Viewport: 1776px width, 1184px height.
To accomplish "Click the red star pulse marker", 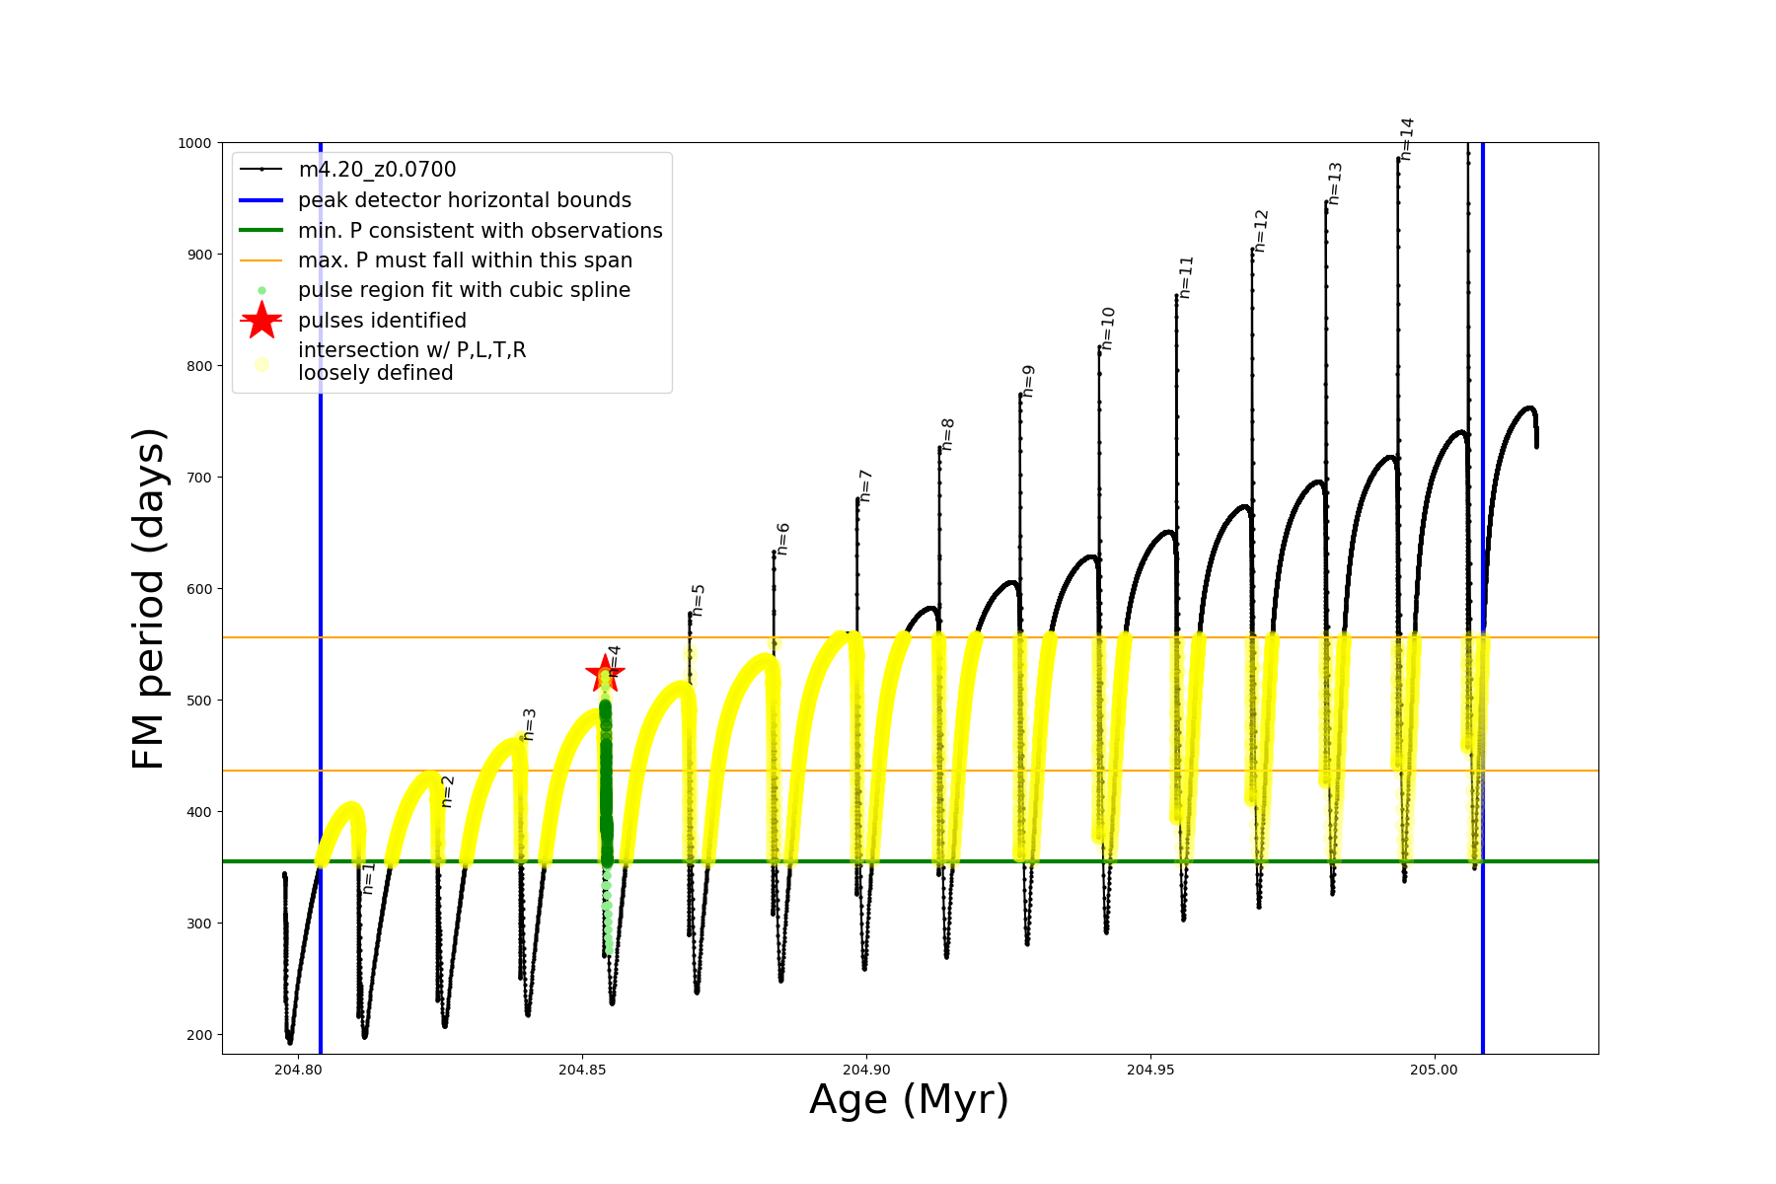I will (x=604, y=675).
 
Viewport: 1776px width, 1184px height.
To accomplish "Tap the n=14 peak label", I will (x=1407, y=139).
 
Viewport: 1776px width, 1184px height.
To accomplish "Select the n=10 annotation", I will (x=1107, y=329).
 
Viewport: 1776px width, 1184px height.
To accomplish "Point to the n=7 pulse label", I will (x=865, y=485).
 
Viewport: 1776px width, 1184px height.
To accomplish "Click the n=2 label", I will (x=447, y=791).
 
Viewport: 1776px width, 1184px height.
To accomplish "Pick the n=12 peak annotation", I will (x=1261, y=231).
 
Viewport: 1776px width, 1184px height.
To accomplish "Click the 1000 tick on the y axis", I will (x=194, y=143).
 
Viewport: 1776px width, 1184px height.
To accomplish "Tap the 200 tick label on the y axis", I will (x=198, y=1035).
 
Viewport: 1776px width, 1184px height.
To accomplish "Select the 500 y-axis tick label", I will (x=198, y=701).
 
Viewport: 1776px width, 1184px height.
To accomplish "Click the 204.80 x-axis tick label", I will (x=298, y=1071).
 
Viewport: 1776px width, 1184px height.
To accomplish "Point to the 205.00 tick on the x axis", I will (x=1434, y=1071).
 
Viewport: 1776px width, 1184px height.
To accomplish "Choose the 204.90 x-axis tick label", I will (x=866, y=1071).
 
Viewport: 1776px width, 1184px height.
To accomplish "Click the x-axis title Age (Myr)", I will (x=909, y=1100).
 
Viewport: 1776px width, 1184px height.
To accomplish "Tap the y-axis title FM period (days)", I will (x=148, y=599).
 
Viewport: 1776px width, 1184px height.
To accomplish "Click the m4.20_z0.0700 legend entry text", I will (x=377, y=170).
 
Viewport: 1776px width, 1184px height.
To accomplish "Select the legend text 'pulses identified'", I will (x=382, y=321).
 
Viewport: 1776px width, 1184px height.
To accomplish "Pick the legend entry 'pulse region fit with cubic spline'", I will (x=464, y=290).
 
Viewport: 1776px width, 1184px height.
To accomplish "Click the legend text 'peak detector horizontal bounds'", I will (x=465, y=200).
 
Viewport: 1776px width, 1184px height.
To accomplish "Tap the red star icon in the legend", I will (x=261, y=321).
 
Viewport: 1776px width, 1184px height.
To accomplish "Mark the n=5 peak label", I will (x=698, y=600).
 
